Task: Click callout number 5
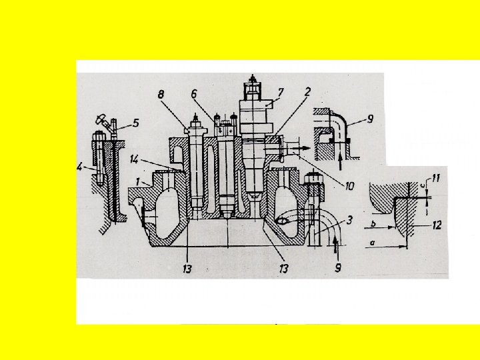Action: point(136,123)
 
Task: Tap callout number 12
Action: point(436,225)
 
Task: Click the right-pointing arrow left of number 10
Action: point(303,148)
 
